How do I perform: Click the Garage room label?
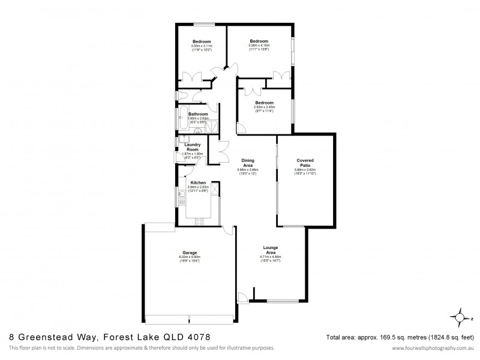[190, 253]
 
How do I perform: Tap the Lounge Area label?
[270, 250]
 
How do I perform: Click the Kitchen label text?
[198, 182]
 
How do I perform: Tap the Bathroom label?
[198, 114]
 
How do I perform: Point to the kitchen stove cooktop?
[199, 221]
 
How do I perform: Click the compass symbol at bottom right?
[460, 318]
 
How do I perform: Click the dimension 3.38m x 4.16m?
[259, 45]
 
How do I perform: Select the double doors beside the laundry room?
[223, 149]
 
